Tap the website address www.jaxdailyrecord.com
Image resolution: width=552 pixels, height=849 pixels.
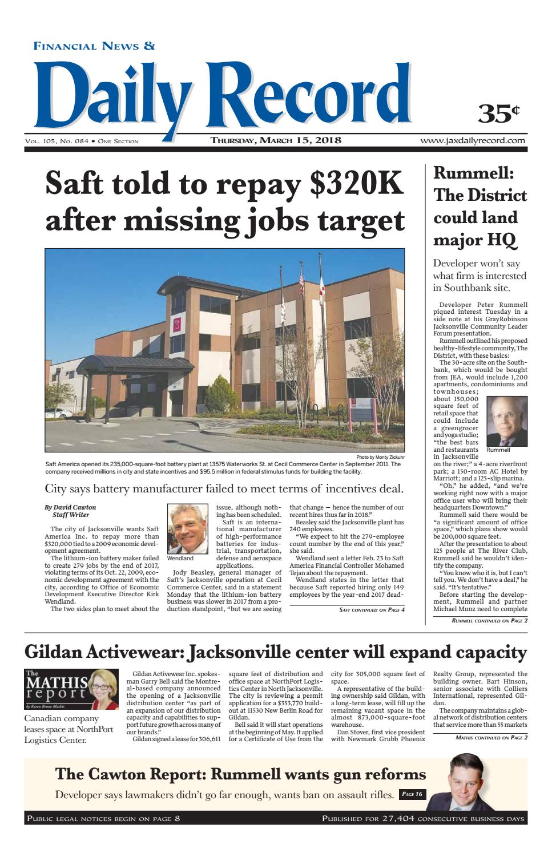click(x=473, y=140)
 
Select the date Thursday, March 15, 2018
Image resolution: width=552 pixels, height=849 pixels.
click(x=276, y=140)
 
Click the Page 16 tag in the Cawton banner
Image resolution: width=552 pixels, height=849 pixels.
click(x=412, y=794)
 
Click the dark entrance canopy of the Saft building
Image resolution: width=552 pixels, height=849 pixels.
click(x=119, y=365)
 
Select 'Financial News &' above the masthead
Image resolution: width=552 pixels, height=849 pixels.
click(x=94, y=46)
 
